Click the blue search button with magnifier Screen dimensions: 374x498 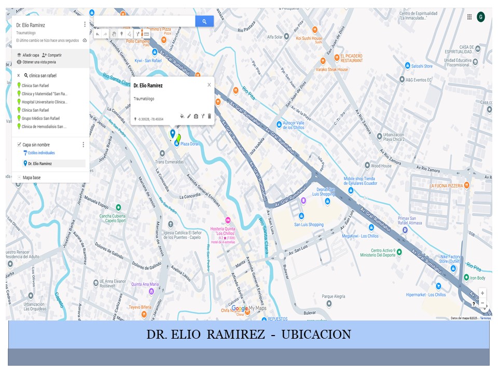coord(204,21)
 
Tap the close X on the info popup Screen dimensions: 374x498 coord(209,85)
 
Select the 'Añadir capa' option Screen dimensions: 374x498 coord(28,55)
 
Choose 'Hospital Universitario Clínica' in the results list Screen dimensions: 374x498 coord(44,102)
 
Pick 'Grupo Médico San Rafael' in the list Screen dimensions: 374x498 coord(42,118)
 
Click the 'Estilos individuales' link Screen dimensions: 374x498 coord(41,153)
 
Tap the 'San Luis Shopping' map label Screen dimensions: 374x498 coord(309,225)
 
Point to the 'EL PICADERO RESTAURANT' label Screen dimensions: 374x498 coord(351,58)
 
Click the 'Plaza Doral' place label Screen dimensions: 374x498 coord(189,144)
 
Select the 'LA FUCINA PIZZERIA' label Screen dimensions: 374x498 coord(446,185)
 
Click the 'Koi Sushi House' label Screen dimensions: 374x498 coord(309,39)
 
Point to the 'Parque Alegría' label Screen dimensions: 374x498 coord(333,297)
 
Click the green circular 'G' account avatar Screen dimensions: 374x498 coord(481,17)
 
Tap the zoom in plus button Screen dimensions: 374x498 coord(482,293)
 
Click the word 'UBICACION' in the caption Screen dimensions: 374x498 coord(316,334)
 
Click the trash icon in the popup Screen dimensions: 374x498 coord(210,116)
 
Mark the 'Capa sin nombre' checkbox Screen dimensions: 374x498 coord(19,144)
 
